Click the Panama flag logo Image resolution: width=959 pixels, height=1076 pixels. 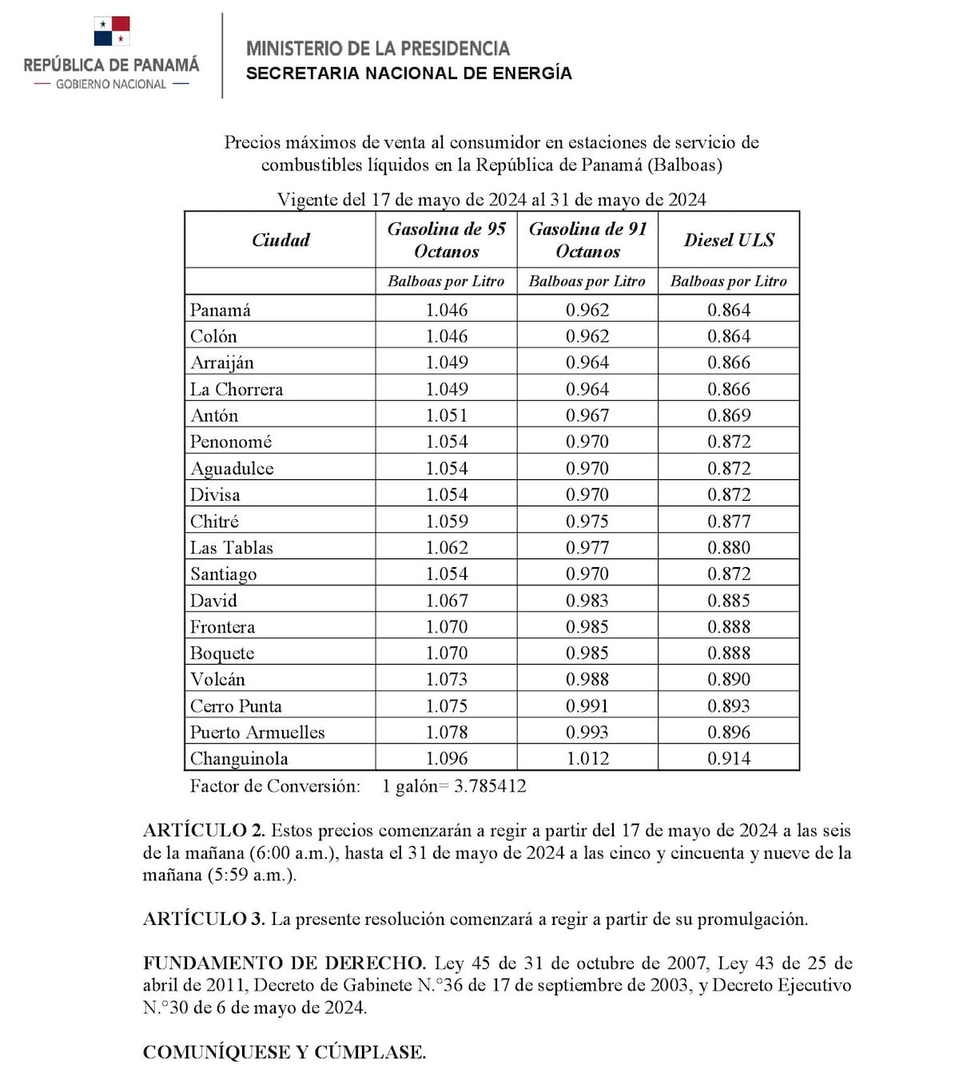(x=111, y=32)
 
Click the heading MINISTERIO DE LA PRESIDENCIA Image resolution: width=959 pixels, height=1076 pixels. (x=377, y=49)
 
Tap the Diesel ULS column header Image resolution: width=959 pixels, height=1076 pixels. (x=729, y=240)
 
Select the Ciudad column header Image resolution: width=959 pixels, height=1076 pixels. (x=281, y=240)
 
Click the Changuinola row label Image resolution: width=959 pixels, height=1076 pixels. (x=239, y=758)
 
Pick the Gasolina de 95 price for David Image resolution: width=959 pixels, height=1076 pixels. (x=447, y=600)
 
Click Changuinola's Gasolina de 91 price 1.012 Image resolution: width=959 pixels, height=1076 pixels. (x=587, y=758)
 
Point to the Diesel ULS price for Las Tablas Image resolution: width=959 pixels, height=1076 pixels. (x=729, y=547)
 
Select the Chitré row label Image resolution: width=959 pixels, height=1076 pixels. (x=214, y=521)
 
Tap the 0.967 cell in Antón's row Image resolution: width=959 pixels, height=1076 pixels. (x=587, y=415)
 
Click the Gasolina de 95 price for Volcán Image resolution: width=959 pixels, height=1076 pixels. (x=447, y=679)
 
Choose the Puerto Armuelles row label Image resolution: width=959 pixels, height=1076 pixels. (x=257, y=732)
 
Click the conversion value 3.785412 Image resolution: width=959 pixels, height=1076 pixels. (x=490, y=786)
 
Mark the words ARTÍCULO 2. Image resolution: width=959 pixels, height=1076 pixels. (x=204, y=830)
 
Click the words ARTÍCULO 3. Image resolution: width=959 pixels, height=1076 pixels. (x=204, y=919)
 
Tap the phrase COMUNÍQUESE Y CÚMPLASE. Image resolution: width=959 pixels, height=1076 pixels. (x=285, y=1052)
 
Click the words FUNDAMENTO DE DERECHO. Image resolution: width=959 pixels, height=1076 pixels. (x=285, y=963)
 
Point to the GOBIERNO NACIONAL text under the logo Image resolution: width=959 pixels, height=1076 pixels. (x=111, y=84)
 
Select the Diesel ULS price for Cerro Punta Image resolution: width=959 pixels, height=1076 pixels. (x=729, y=705)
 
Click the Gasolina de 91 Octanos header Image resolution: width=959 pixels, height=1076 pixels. (x=587, y=240)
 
